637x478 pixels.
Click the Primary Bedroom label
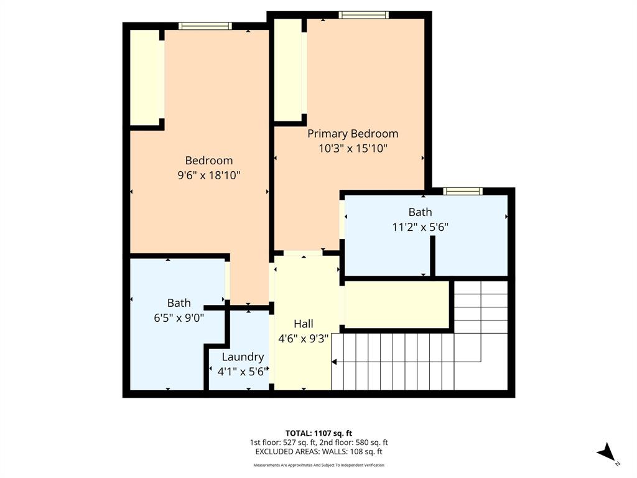(x=353, y=133)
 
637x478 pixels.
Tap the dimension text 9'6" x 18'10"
(x=209, y=176)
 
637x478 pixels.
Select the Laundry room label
(x=243, y=357)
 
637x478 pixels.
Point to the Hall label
(x=303, y=324)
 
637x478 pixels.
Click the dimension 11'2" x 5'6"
(x=420, y=227)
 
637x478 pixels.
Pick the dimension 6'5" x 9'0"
(x=179, y=317)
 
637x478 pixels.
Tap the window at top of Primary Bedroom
(x=363, y=15)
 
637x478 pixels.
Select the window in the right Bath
(x=462, y=191)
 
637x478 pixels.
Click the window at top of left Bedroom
(x=205, y=26)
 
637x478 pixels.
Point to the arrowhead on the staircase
(x=335, y=362)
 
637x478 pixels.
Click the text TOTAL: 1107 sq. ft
(x=318, y=433)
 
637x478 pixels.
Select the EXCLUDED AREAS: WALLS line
(x=318, y=452)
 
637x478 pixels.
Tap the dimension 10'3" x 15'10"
(x=353, y=149)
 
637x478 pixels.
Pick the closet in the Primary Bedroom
(x=288, y=70)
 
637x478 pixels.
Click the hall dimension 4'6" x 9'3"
(x=303, y=339)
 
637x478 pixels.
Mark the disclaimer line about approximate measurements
(x=318, y=465)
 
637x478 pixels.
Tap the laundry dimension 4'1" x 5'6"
(x=243, y=372)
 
